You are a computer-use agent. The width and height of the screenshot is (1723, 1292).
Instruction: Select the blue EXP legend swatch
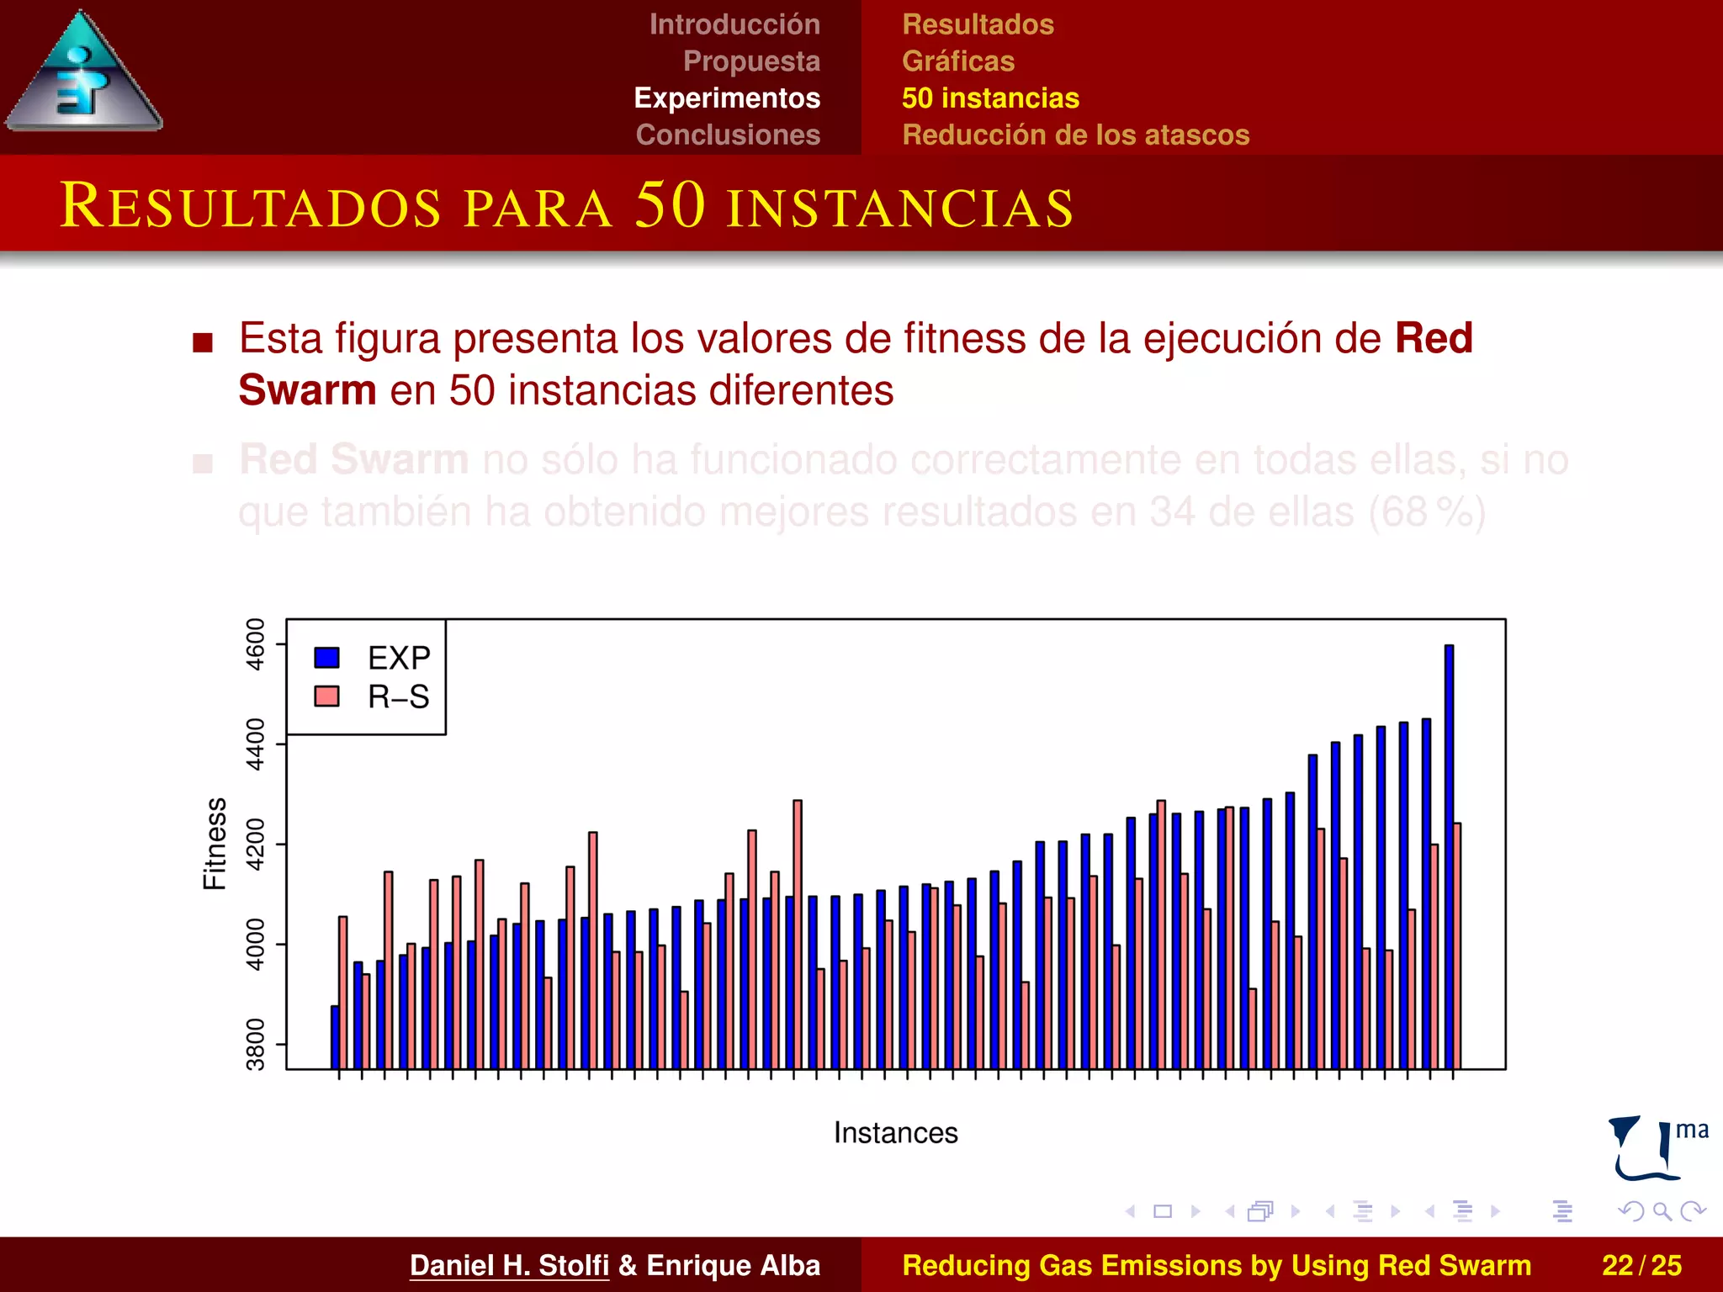326,658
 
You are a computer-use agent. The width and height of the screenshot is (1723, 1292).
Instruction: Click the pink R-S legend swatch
326,696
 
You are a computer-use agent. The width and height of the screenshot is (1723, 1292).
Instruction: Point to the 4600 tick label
255,644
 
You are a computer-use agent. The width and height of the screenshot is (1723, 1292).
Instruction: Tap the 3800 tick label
255,1045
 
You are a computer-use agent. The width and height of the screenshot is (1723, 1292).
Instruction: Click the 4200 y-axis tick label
255,845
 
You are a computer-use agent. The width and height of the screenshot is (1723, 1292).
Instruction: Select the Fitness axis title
215,844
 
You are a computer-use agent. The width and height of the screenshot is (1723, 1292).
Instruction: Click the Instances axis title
895,1133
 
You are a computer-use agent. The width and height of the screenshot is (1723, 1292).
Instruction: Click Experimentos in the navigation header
727,98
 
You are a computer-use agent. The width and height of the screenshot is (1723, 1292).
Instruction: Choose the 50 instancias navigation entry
990,98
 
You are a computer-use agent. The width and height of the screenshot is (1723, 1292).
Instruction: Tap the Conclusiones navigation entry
728,135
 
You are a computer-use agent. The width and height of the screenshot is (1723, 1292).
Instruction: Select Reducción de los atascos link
1075,135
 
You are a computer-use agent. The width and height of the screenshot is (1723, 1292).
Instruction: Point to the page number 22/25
1641,1265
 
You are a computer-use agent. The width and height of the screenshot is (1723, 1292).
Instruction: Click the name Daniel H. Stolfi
509,1265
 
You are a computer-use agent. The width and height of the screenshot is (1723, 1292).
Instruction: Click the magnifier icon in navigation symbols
1662,1211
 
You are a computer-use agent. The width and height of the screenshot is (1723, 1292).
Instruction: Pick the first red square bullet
203,342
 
